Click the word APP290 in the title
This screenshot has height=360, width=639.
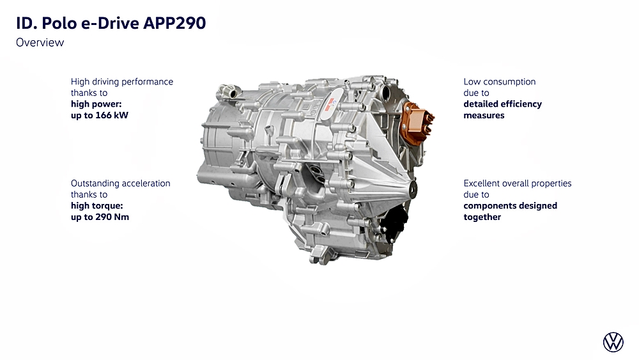[174, 23]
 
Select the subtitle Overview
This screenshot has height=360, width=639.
[40, 42]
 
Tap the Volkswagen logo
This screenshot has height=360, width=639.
[613, 341]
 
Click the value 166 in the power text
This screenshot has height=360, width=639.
[104, 115]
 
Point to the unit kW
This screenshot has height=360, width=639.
[121, 115]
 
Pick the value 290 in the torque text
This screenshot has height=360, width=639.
[104, 217]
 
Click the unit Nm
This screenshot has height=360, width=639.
[121, 217]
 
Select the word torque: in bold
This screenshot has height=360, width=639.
[108, 206]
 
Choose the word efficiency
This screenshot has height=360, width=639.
[523, 104]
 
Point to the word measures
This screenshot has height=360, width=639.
[484, 115]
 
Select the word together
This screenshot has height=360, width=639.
[482, 217]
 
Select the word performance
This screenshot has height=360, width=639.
[148, 82]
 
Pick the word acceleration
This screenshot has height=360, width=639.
[146, 184]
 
